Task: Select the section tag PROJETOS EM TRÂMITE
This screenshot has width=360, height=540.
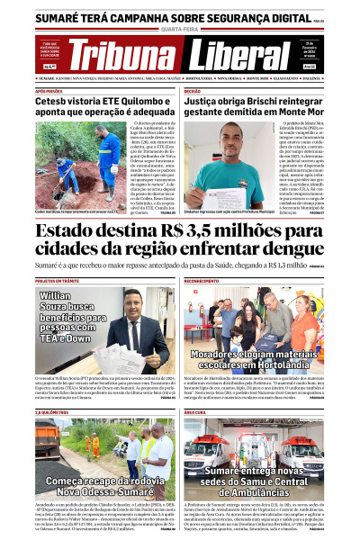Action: (x=58, y=282)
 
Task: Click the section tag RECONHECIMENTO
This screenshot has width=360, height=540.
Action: (x=202, y=282)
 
